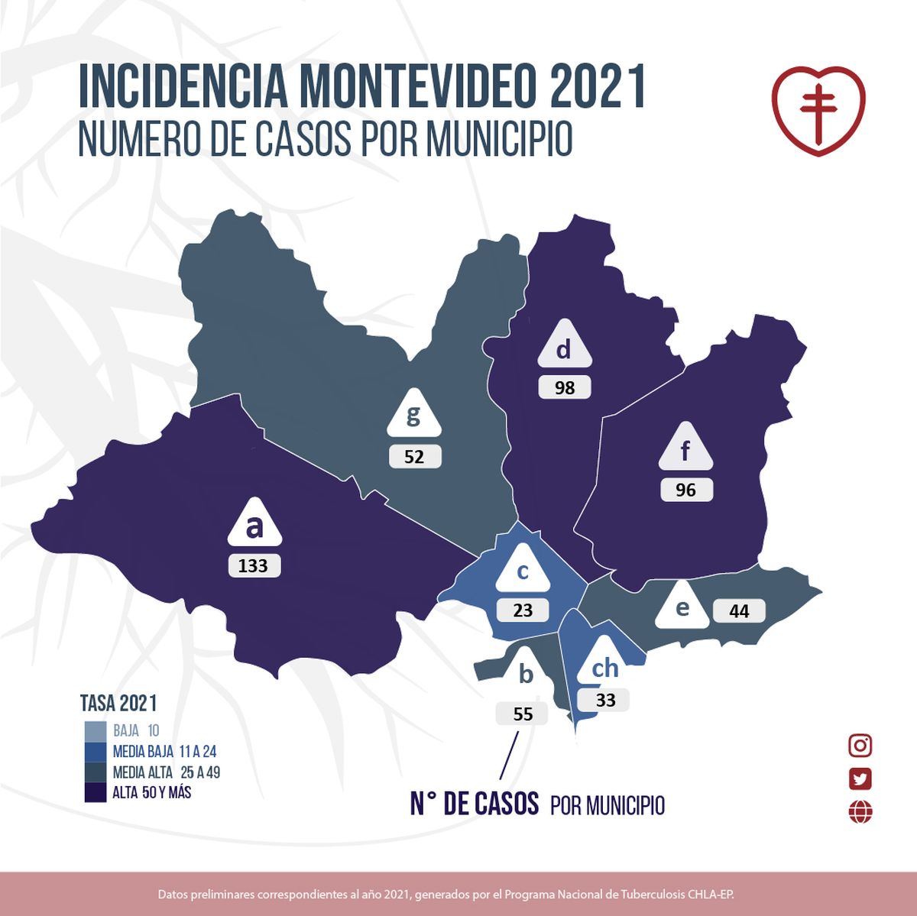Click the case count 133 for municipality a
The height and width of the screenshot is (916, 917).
coord(254,565)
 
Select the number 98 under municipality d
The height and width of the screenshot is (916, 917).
coord(565,387)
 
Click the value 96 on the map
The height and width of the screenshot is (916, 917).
coord(686,490)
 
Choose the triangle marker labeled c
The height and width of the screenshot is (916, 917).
coord(523,572)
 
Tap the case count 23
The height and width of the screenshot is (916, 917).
coord(523,610)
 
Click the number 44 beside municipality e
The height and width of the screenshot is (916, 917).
coord(739,611)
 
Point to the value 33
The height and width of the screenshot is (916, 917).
coord(604,700)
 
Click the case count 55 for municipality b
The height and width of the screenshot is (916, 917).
coord(523,714)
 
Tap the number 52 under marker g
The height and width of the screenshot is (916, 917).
coord(414,457)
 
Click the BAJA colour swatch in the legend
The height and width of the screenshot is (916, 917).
coord(96,731)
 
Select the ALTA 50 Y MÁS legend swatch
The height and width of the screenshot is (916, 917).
coord(96,792)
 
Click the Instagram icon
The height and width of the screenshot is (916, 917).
coord(860,746)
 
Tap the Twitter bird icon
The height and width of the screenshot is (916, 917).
coord(860,778)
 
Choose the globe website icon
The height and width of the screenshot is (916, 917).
coord(860,811)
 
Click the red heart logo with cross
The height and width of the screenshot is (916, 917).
coord(818,110)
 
